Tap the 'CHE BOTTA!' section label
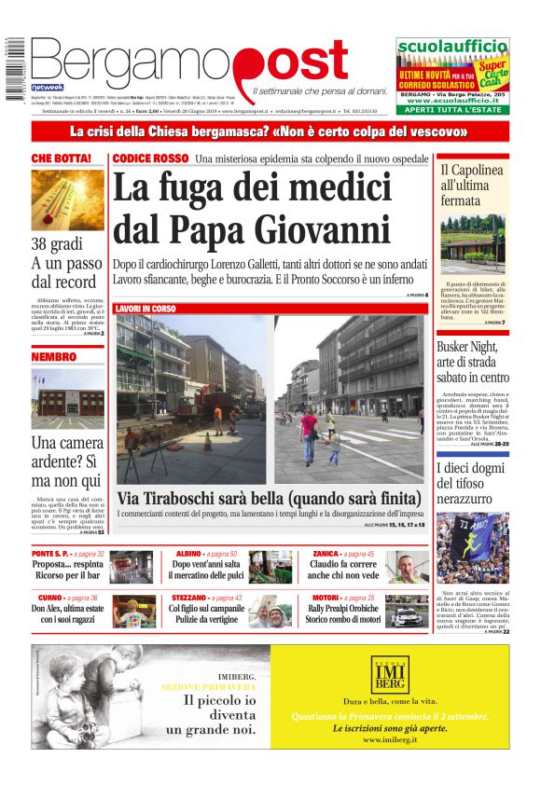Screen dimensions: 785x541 click(62, 158)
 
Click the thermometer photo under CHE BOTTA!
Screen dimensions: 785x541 click(67, 198)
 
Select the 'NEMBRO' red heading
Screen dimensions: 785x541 click(54, 356)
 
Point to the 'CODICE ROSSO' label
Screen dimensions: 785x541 click(150, 158)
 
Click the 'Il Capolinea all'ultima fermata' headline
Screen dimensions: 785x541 click(472, 185)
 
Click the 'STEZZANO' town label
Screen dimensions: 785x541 click(189, 598)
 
